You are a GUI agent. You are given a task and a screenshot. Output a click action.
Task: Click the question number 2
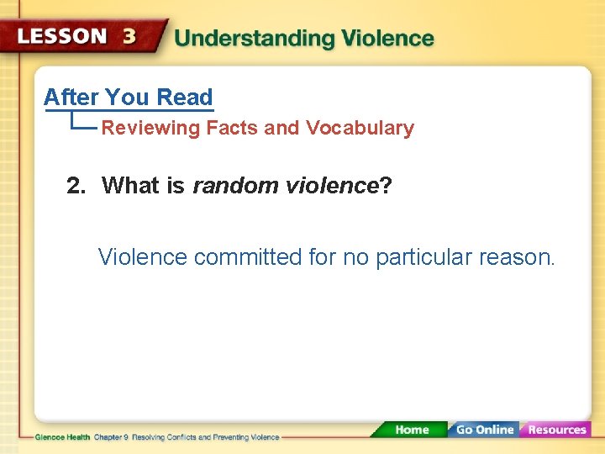click(x=76, y=186)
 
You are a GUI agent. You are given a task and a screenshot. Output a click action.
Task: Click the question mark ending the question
click(x=386, y=186)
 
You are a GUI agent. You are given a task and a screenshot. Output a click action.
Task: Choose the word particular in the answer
click(x=423, y=257)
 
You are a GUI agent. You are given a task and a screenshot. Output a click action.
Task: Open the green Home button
click(x=412, y=430)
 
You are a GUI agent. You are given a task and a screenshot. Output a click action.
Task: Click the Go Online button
click(x=484, y=430)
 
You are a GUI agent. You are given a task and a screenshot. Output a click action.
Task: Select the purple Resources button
click(x=556, y=430)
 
